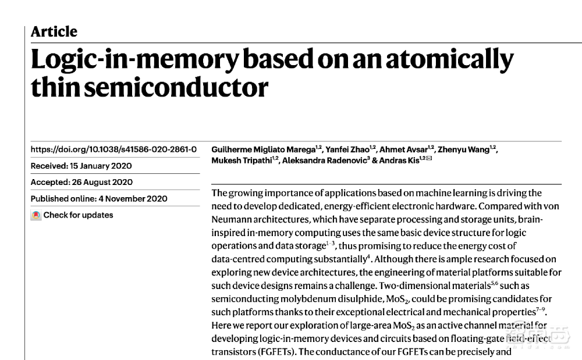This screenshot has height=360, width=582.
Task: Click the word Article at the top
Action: pyautogui.click(x=54, y=31)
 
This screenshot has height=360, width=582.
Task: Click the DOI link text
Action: pyautogui.click(x=113, y=149)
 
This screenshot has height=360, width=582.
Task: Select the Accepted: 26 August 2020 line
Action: pyautogui.click(x=81, y=182)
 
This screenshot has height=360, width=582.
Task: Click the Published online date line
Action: pyautogui.click(x=99, y=198)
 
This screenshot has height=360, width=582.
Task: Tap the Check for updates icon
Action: pyautogui.click(x=36, y=215)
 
